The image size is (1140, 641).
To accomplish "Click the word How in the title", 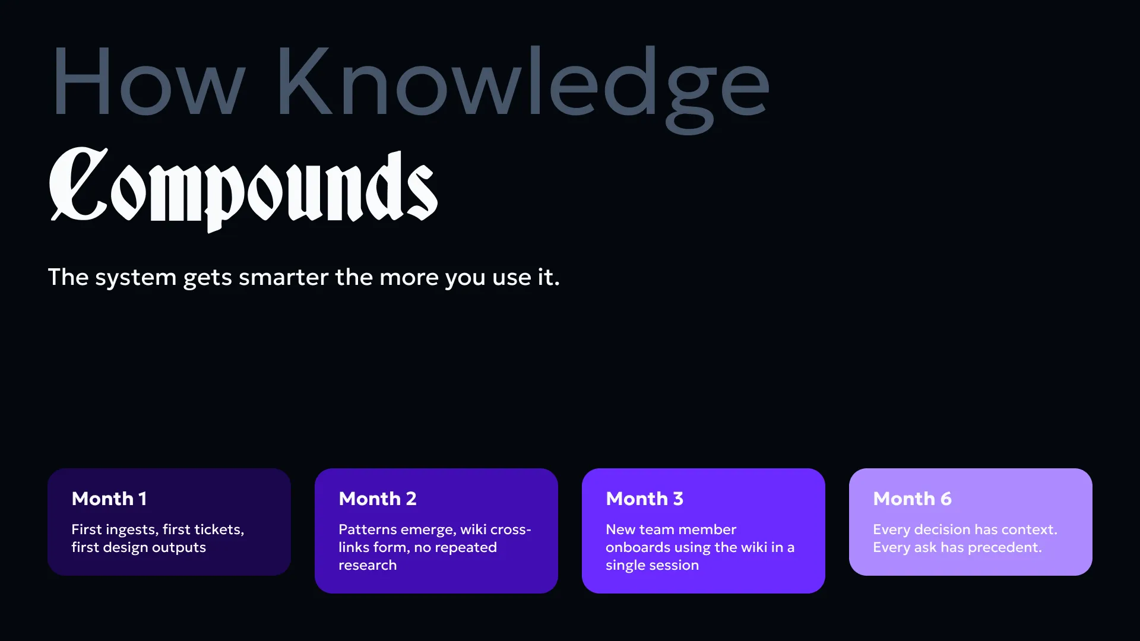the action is coord(148,81).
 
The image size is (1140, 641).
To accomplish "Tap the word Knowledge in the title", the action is coord(523,89).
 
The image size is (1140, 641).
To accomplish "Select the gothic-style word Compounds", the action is coord(243,189).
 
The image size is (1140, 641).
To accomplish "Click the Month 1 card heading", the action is coord(109,499).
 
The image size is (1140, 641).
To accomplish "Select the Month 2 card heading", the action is coord(378,499).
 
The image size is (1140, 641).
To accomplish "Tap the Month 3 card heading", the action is coord(645,499).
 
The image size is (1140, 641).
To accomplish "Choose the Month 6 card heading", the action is coord(912,499).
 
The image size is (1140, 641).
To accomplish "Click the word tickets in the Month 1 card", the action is coord(219,529).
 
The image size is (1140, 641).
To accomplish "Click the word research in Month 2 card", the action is coord(368,566).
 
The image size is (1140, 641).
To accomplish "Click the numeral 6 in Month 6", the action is coord(946,499).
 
